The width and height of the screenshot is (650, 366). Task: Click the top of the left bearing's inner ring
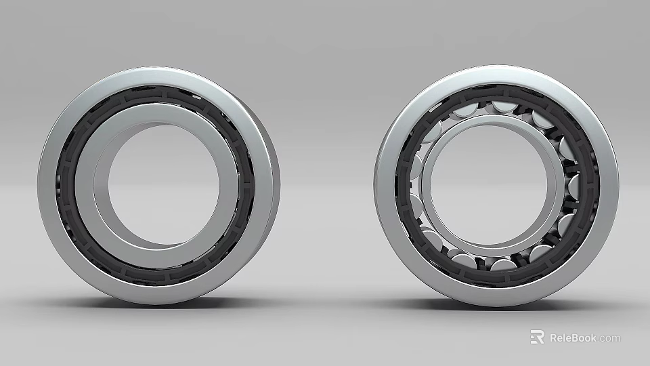(159, 113)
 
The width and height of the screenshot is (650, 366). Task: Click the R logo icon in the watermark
(537, 337)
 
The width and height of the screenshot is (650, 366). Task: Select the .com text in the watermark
(609, 338)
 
